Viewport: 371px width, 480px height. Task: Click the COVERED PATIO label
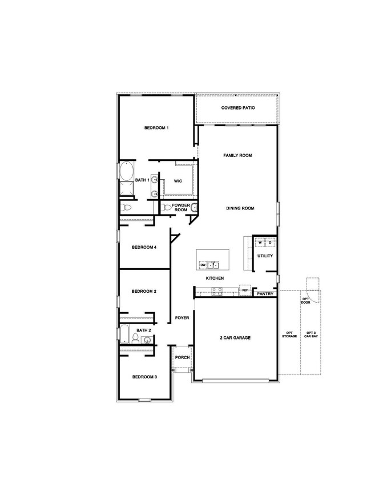point(238,108)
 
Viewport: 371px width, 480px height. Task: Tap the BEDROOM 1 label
point(156,128)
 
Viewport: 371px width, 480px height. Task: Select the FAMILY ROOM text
point(237,155)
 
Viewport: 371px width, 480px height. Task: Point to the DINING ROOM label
point(239,208)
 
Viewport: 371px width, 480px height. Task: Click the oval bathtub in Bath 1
point(126,172)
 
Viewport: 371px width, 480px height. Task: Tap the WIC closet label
point(178,181)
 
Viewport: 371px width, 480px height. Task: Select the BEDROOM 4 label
point(144,247)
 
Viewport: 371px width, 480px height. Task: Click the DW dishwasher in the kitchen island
point(203,265)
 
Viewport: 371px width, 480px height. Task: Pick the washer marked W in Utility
point(260,243)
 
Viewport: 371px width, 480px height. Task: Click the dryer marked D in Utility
point(270,243)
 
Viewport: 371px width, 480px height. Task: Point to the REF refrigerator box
point(245,290)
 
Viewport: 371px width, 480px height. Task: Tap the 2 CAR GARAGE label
point(235,338)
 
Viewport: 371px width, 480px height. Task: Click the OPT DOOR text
point(305,300)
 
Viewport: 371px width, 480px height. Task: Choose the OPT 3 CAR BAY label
point(310,335)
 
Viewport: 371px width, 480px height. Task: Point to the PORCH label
point(182,357)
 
